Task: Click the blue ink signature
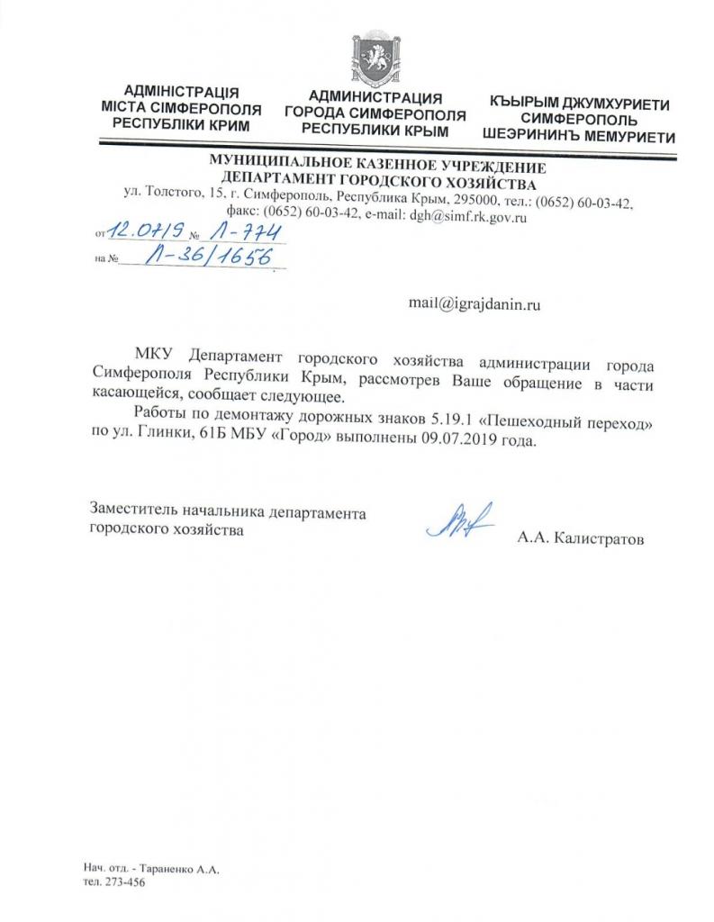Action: [x=462, y=523]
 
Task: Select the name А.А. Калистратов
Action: [x=581, y=539]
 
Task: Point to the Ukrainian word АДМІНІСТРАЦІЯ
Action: [x=181, y=92]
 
